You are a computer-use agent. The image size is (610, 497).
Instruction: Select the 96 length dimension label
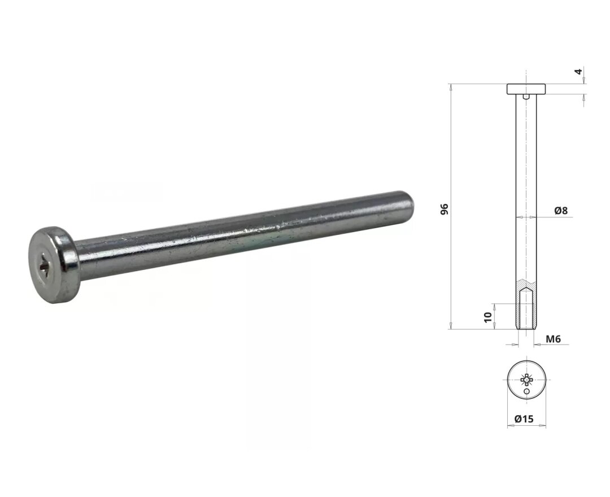(x=445, y=209)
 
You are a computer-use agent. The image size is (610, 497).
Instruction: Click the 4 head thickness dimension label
(x=579, y=72)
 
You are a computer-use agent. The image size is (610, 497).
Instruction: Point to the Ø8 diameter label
(x=561, y=211)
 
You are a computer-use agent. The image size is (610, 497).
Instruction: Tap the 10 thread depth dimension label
(x=488, y=317)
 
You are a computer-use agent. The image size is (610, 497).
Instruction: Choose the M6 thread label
(x=553, y=339)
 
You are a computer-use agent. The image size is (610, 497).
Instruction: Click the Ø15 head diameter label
(x=524, y=419)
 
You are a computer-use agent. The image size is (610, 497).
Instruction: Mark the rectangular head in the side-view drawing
(x=526, y=89)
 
